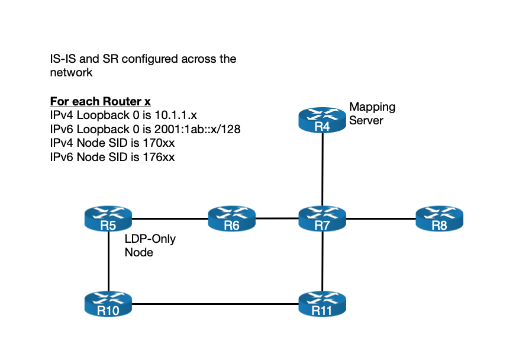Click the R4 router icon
click(x=321, y=120)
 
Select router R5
click(x=108, y=218)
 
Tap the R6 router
click(x=231, y=218)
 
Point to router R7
click(x=321, y=218)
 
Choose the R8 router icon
click(x=439, y=218)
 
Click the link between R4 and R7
click(x=321, y=169)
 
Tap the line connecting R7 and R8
click(x=380, y=218)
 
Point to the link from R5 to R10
click(x=108, y=261)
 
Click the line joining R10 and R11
click(x=215, y=304)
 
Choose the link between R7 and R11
click(x=321, y=261)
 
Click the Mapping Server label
click(x=372, y=114)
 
